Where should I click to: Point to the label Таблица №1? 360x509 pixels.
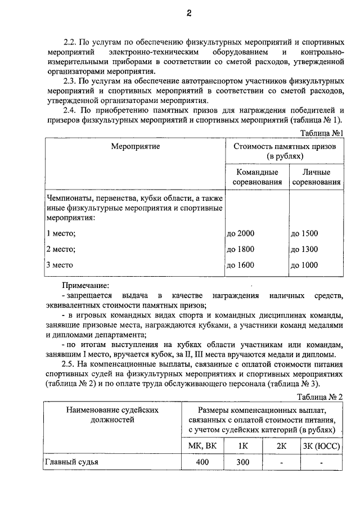click(x=321, y=133)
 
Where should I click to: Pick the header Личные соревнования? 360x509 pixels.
click(x=316, y=177)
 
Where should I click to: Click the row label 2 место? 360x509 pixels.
click(x=61, y=249)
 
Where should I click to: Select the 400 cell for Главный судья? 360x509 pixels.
click(x=201, y=462)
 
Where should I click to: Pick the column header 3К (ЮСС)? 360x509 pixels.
click(x=321, y=446)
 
